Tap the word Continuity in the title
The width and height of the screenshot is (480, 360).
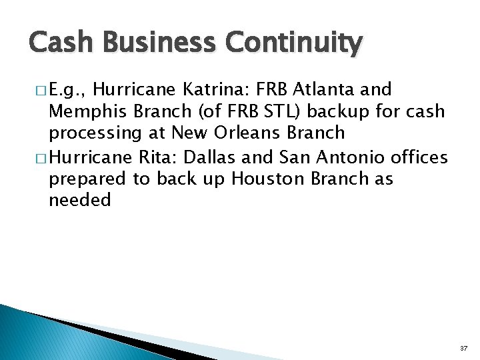[x=294, y=44]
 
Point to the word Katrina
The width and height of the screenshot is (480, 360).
[x=218, y=89]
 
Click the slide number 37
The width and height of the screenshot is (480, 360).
[x=463, y=349]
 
